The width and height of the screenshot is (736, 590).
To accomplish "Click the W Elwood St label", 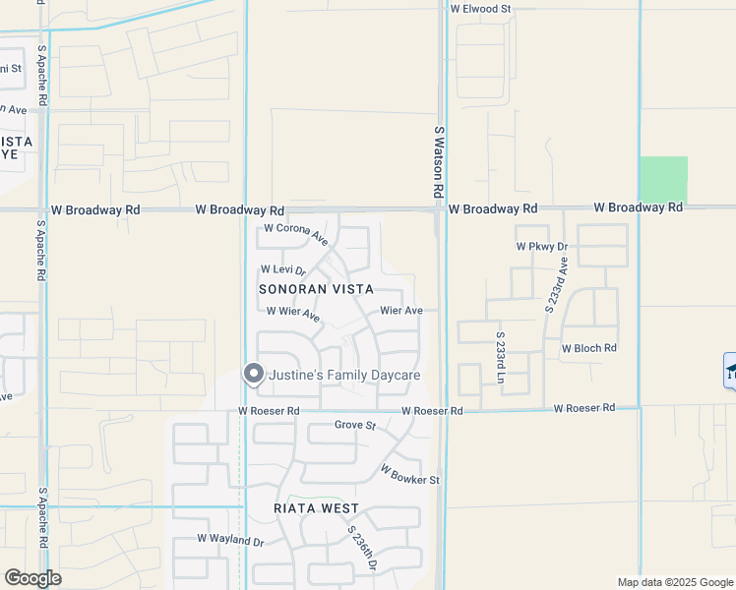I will (481, 9).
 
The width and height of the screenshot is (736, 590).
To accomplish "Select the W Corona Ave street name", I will (295, 232).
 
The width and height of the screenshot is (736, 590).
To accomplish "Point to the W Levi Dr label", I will (283, 270).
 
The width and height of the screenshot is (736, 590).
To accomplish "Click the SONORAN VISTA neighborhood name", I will (316, 289).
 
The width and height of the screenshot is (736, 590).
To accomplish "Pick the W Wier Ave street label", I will (293, 314).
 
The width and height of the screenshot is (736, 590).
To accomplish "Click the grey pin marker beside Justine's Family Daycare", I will (254, 374).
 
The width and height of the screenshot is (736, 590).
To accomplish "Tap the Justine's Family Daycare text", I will (344, 376).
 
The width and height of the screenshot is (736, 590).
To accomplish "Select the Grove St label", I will (355, 425).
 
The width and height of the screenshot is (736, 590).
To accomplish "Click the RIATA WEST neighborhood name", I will (316, 508).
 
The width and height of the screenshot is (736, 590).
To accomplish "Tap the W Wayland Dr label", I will (230, 539).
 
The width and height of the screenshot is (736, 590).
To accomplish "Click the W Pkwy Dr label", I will (542, 247).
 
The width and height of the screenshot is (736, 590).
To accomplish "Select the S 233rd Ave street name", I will (556, 285).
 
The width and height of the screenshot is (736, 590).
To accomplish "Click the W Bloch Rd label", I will (588, 348).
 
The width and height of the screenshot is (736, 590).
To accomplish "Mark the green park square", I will (663, 179).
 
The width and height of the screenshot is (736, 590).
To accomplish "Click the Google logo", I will (32, 578).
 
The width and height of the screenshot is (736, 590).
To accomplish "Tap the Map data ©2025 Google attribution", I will (674, 582).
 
